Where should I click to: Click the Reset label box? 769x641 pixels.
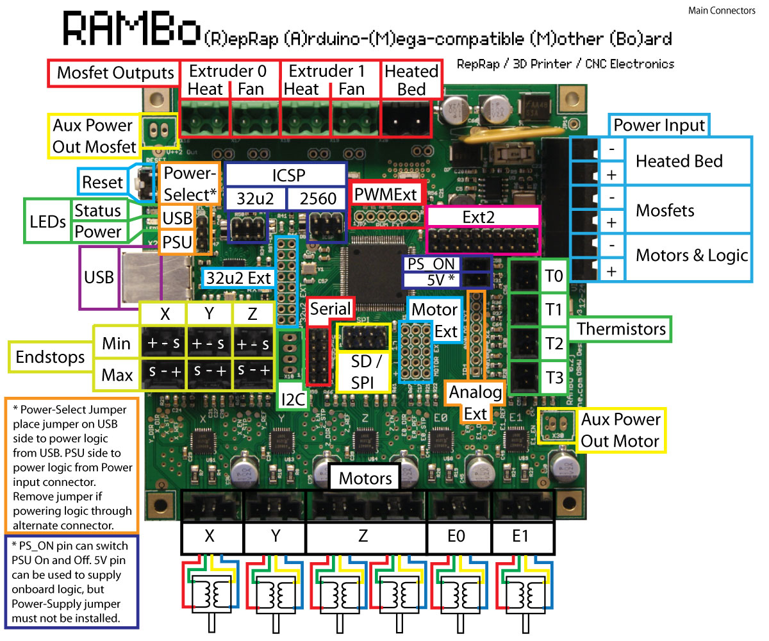[103, 182]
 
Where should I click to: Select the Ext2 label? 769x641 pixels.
[483, 217]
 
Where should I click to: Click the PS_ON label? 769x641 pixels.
[431, 264]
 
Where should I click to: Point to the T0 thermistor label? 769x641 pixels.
[553, 278]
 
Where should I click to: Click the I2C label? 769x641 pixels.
[293, 399]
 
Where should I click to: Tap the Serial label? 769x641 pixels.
[330, 309]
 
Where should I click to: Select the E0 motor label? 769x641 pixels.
[457, 536]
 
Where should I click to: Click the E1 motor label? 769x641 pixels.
[520, 536]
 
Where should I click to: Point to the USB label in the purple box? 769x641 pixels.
[99, 278]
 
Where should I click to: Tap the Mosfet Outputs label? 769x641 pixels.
[115, 72]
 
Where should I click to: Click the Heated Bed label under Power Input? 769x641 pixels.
[679, 161]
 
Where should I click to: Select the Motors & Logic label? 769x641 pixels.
[691, 256]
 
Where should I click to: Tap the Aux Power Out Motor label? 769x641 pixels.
[620, 430]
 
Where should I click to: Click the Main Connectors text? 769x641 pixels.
[722, 11]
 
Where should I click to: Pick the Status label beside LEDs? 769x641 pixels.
[97, 211]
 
